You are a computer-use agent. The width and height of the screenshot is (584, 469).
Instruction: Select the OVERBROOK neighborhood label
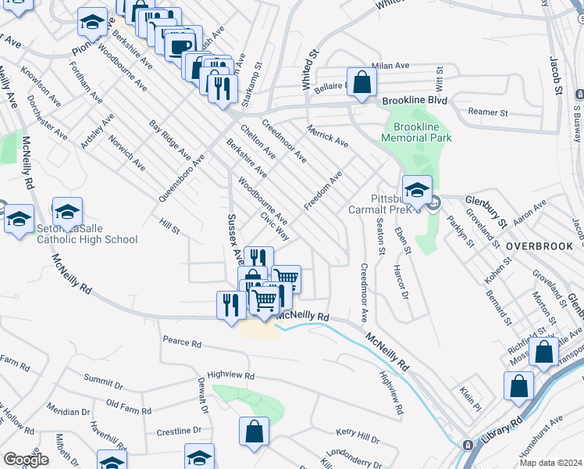tap(539, 245)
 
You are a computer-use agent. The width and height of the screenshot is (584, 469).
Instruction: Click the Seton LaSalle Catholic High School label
tap(87, 234)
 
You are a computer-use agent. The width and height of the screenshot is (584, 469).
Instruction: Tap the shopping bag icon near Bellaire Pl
tap(361, 83)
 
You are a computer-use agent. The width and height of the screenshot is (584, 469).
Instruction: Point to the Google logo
tap(26, 460)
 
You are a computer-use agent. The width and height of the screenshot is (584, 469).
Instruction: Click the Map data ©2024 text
tap(551, 462)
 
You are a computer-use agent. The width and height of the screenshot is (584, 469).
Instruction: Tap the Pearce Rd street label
tap(182, 342)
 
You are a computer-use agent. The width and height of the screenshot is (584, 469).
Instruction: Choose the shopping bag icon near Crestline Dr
tap(255, 431)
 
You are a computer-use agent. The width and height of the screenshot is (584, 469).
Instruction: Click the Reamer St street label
tap(487, 113)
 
